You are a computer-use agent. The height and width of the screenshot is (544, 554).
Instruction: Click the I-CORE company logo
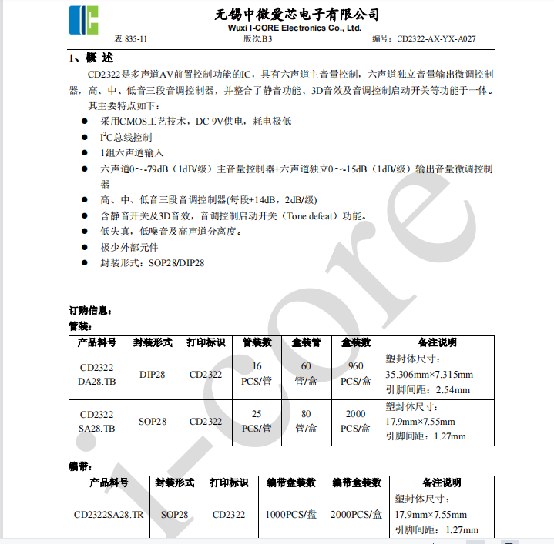84,20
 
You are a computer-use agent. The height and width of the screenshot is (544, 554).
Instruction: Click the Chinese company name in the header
297,15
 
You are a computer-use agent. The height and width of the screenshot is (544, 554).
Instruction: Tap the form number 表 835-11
130,38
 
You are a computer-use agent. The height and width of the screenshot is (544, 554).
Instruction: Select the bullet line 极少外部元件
129,247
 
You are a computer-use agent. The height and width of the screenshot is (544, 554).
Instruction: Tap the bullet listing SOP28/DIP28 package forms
152,262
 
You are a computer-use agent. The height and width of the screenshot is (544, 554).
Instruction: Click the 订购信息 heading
91,311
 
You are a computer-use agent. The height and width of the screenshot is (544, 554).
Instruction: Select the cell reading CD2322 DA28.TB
97,375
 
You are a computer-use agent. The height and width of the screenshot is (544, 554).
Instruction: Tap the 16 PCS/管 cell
257,375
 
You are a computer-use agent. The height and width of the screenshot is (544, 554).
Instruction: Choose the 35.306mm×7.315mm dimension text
428,375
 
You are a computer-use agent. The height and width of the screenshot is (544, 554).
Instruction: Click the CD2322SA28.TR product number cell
109,514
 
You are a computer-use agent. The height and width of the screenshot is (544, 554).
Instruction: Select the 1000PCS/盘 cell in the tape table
291,514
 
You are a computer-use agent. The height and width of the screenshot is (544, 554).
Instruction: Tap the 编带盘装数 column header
291,482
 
